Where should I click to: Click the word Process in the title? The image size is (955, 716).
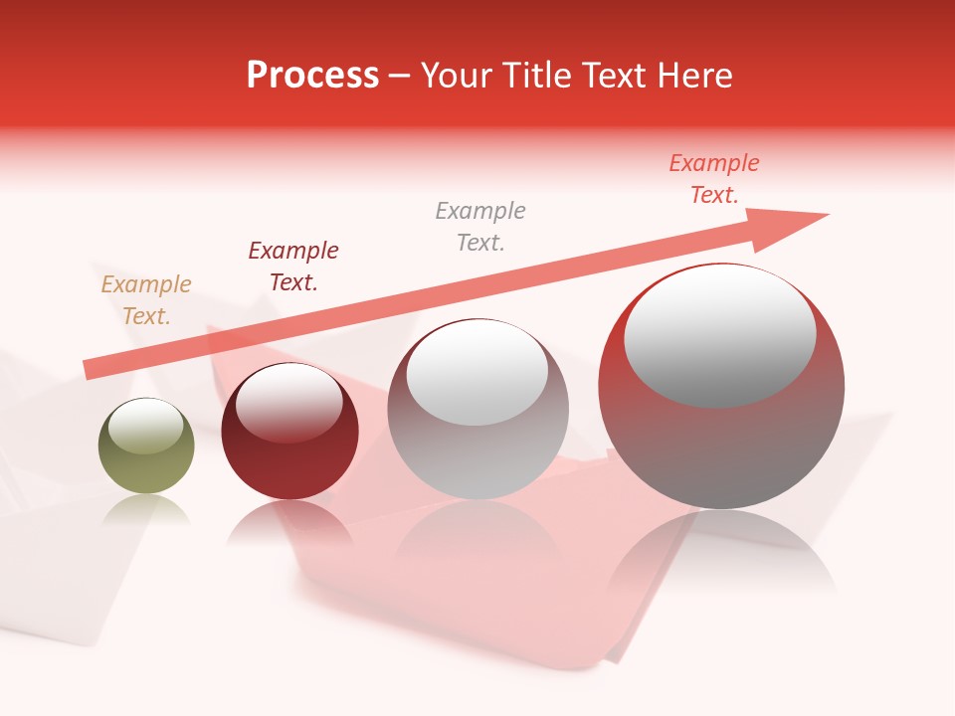(x=312, y=76)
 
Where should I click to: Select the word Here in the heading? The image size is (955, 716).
(x=692, y=76)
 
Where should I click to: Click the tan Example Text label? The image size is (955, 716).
(x=146, y=300)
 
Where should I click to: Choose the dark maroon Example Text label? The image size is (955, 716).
(x=293, y=267)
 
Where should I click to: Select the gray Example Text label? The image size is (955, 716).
(x=480, y=227)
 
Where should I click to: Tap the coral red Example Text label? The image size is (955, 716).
(x=714, y=179)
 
